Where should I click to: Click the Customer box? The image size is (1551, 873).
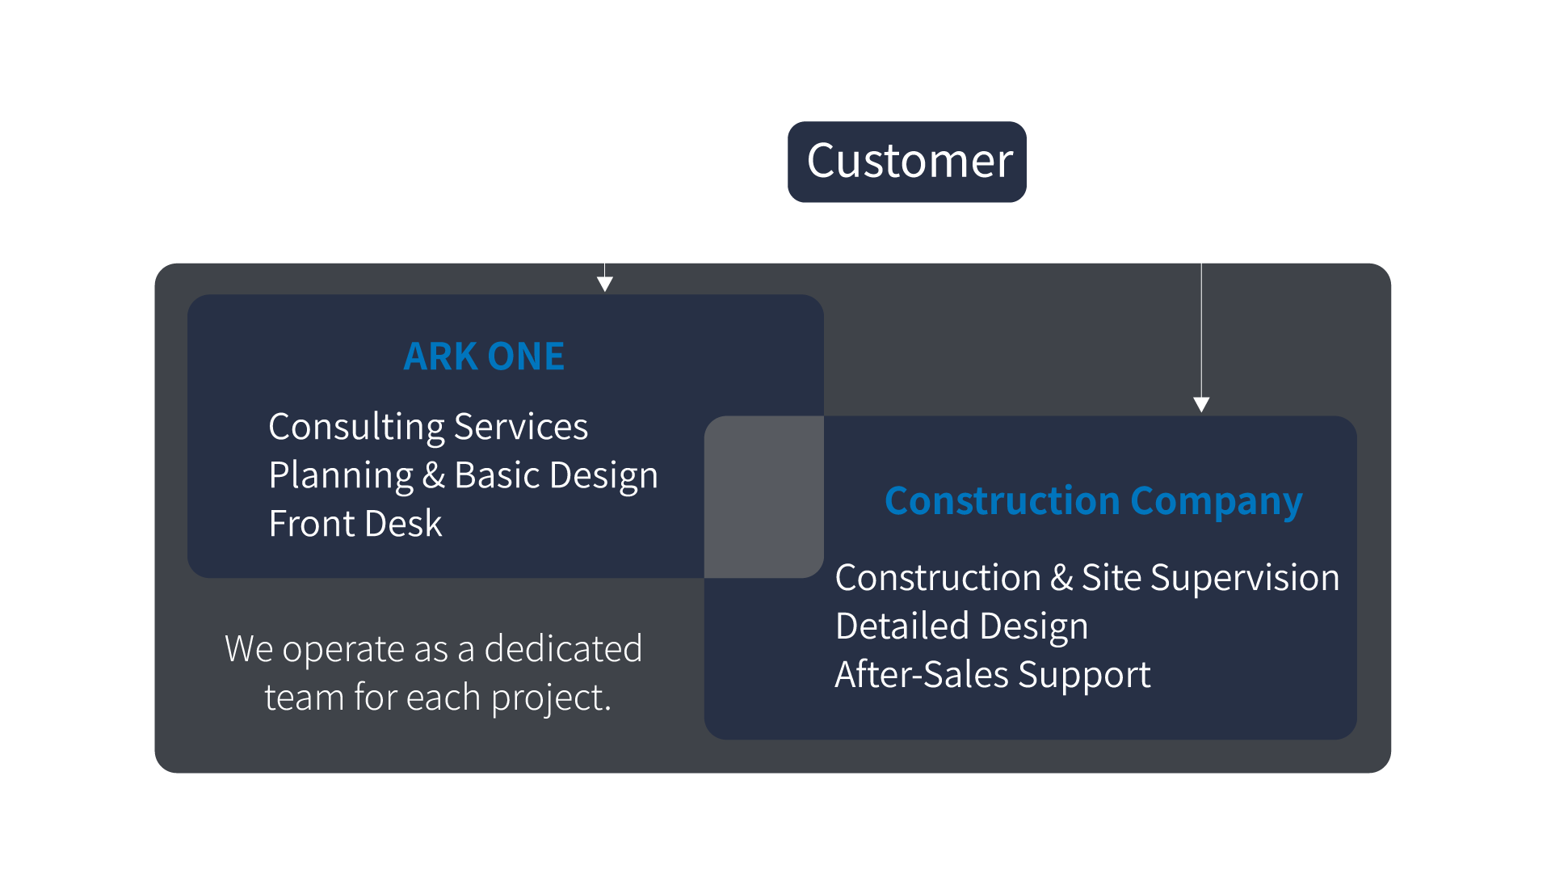pos(907,162)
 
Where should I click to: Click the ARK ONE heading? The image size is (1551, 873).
pos(484,356)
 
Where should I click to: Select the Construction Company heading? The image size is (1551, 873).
pos(1093,501)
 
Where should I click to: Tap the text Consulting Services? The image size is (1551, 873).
pos(428,427)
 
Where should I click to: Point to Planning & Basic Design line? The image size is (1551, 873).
pos(463,475)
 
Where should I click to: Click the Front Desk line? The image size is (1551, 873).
pos(355,524)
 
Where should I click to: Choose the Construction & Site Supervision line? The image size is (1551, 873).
pos(1087,578)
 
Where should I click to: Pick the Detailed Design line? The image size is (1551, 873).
pos(961,626)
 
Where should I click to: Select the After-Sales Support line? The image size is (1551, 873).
pos(993,675)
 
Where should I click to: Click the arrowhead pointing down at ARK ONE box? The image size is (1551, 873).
pos(605,284)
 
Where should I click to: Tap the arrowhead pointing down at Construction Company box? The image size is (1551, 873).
pos(1201,404)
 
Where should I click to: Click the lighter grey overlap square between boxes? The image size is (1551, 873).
pos(764,497)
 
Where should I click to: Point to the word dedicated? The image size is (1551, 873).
pos(563,649)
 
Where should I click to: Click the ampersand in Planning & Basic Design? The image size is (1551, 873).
pos(434,475)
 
